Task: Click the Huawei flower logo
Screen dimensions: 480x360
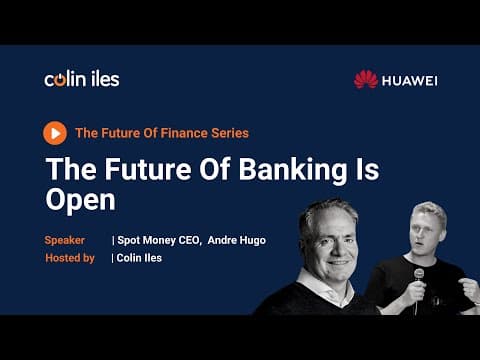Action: (366, 79)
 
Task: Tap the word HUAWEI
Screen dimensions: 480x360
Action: (410, 81)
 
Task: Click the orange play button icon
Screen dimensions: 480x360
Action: (55, 133)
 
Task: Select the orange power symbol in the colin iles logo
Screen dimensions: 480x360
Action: (60, 80)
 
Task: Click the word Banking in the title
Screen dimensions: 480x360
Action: (293, 170)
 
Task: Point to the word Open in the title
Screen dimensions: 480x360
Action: (80, 200)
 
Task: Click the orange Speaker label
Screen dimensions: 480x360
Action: (64, 240)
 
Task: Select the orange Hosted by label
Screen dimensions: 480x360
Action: (70, 258)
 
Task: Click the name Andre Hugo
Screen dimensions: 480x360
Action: (237, 240)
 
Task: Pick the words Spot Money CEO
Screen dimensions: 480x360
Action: (159, 240)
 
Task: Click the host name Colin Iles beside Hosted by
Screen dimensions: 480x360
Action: (139, 258)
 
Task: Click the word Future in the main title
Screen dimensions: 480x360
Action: (148, 169)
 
